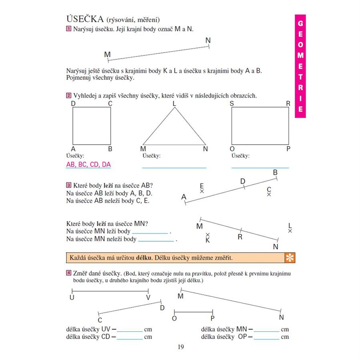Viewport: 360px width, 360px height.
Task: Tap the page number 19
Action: (180, 347)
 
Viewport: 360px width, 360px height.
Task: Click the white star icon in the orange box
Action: (289, 258)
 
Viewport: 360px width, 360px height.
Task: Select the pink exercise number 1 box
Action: (69, 29)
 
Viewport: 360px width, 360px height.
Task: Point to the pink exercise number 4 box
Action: (69, 274)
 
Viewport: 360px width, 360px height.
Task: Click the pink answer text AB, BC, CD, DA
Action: (88, 164)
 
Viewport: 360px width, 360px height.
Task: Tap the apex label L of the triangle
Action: (174, 104)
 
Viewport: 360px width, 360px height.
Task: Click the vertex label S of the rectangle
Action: (232, 104)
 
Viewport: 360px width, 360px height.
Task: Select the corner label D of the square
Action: (73, 104)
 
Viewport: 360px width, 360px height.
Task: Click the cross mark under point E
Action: (202, 192)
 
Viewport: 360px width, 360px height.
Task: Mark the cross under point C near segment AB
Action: (269, 194)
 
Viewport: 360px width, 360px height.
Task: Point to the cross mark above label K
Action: (207, 235)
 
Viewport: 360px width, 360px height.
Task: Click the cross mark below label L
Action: (290, 231)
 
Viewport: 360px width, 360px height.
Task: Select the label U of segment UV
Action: (72, 298)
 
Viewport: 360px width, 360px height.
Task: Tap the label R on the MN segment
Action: (240, 236)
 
